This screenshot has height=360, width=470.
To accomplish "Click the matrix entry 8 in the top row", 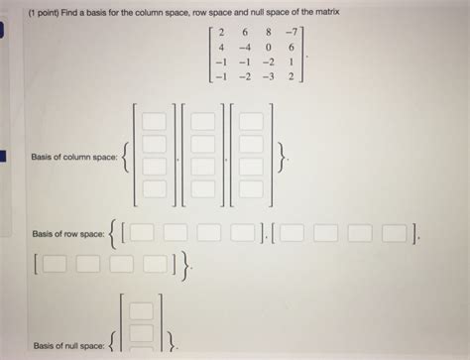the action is [269, 32].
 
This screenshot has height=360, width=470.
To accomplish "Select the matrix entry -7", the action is [292, 32].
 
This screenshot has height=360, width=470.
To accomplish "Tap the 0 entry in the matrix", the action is [269, 48].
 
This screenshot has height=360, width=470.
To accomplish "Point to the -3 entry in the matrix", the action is [268, 76].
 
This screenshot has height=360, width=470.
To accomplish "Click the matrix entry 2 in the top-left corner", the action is [221, 32].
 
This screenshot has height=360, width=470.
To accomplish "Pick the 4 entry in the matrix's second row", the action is [221, 48].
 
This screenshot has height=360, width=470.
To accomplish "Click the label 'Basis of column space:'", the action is [74, 157].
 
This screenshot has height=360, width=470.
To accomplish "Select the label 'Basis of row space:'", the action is [68, 234].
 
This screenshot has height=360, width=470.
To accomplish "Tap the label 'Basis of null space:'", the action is [68, 346].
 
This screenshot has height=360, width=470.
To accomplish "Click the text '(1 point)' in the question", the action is [44, 13].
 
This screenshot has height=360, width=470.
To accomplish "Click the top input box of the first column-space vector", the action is [155, 121].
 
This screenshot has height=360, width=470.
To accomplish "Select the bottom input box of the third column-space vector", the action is [251, 189].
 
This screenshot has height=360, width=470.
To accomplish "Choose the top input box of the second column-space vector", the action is [203, 121].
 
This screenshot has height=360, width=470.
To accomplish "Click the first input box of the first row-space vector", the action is [142, 232].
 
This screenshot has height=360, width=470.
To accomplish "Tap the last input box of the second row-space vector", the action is [394, 233].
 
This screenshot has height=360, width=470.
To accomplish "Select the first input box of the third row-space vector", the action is [55, 264].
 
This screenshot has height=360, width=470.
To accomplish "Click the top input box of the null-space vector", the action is [141, 310].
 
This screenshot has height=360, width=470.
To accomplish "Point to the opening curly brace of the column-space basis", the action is [125, 158].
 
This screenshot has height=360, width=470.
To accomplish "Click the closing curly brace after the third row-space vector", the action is [185, 265].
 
